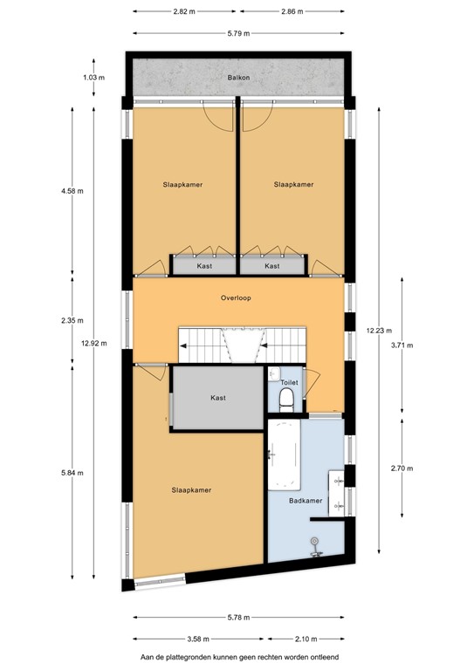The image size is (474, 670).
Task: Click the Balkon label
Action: tap(238, 78)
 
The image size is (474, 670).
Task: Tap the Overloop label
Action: tap(236, 297)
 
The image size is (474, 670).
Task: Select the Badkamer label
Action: tap(306, 501)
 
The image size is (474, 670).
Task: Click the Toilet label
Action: tap(289, 382)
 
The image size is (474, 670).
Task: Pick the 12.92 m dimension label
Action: tap(94, 343)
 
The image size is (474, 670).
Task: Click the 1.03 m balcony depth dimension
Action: tap(94, 78)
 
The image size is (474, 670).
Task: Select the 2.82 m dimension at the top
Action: tap(184, 11)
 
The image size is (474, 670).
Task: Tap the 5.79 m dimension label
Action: tap(239, 33)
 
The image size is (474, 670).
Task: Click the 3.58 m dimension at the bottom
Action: tap(198, 639)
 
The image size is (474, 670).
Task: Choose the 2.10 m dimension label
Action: tap(306, 639)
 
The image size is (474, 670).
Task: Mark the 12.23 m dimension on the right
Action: tap(379, 331)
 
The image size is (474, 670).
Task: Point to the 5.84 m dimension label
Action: tap(72, 473)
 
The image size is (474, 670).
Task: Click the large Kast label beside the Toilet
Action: tap(218, 398)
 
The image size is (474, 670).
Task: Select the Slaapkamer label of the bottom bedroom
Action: tap(191, 490)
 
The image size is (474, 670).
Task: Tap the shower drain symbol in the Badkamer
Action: tap(315, 542)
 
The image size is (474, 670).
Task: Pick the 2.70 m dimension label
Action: tap(402, 468)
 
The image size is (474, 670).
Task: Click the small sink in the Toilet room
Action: tap(274, 374)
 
